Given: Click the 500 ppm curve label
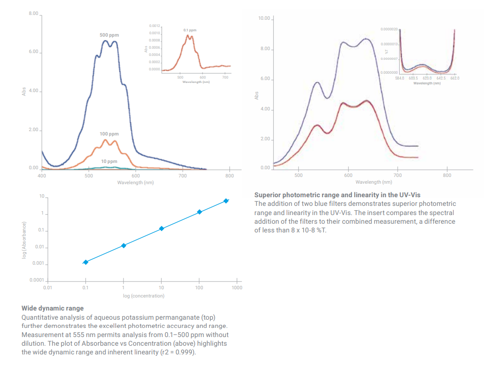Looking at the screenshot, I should tap(109, 35).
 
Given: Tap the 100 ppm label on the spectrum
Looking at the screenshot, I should tap(109, 134).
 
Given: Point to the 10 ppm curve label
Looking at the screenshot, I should tap(109, 161).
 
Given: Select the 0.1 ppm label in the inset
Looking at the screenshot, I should tap(190, 30).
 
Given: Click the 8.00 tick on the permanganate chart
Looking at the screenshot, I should tap(33, 14).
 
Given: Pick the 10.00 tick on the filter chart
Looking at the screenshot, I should tap(264, 18).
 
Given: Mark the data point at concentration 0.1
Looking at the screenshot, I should tap(85, 262).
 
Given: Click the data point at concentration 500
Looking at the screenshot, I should tap(226, 201).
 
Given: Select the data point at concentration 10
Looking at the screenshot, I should tap(162, 229).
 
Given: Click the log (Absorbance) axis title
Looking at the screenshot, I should tap(24, 239).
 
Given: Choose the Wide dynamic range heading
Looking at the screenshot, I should tap(53, 308).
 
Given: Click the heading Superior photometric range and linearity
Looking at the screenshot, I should tap(337, 195).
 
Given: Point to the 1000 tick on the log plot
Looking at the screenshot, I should tap(237, 287).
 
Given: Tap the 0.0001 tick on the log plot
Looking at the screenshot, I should tap(37, 280).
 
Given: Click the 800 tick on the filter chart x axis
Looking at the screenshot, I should tap(447, 175).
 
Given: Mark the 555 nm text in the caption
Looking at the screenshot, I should tap(81, 335).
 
